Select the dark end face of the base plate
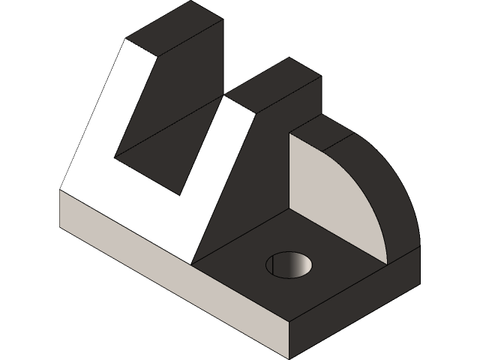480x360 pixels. pyautogui.click(x=352, y=307)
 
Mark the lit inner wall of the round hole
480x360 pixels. pyautogui.click(x=298, y=265)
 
